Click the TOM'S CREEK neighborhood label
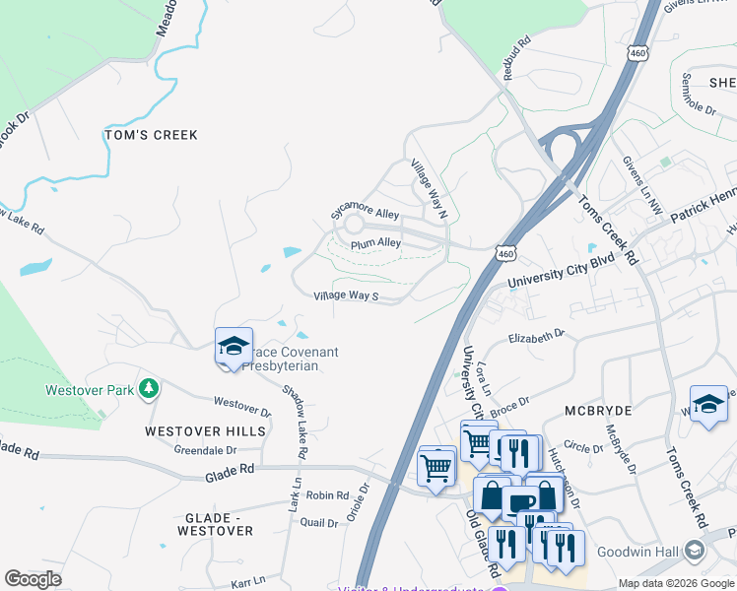(152, 135)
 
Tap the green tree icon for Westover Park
(149, 388)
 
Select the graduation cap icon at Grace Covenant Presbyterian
(234, 346)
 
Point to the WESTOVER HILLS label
(205, 431)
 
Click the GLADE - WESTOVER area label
(219, 524)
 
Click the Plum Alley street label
(375, 242)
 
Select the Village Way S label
(346, 295)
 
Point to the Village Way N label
(430, 188)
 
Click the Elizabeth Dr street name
(536, 336)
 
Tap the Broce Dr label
(509, 403)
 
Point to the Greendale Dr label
(205, 450)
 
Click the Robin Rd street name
(328, 495)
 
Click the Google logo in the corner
(33, 578)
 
